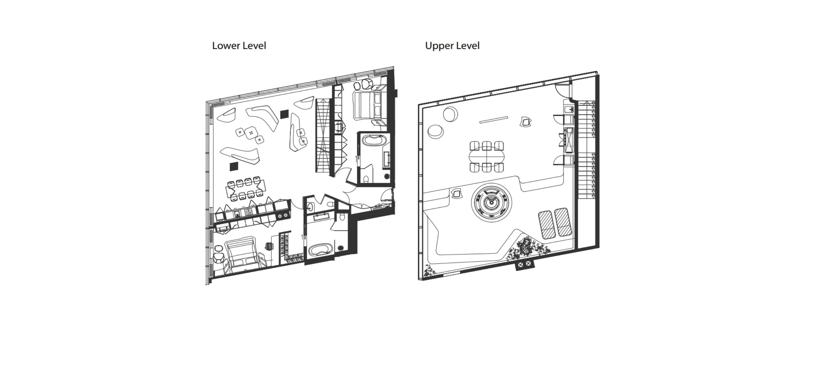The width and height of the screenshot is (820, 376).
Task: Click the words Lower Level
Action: pyautogui.click(x=239, y=46)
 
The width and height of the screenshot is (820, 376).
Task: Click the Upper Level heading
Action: pyautogui.click(x=452, y=46)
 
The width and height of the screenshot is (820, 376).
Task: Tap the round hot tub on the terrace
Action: pyautogui.click(x=492, y=203)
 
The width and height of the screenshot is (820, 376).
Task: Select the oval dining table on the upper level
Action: pyautogui.click(x=487, y=157)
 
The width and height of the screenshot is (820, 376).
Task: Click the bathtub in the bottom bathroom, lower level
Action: pyautogui.click(x=320, y=250)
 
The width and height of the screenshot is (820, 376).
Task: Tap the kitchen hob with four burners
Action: pyautogui.click(x=248, y=212)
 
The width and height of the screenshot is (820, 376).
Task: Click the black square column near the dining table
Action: pyautogui.click(x=234, y=166)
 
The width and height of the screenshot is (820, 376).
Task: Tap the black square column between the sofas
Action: pyautogui.click(x=284, y=114)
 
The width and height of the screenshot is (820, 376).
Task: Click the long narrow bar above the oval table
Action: pyautogui.click(x=494, y=119)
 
